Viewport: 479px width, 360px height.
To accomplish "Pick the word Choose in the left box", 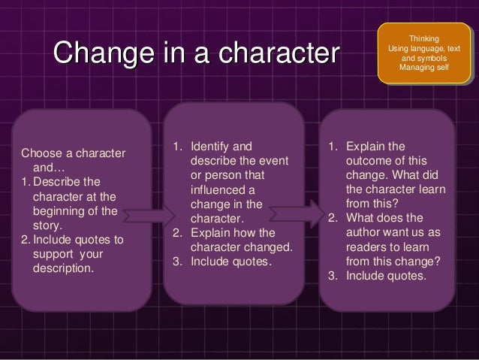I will [x=39, y=154].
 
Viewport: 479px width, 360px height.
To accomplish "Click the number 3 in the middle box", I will [x=176, y=262].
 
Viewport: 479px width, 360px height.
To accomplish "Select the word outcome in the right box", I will [x=368, y=160].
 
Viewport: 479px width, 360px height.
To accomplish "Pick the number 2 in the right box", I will [x=331, y=218].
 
